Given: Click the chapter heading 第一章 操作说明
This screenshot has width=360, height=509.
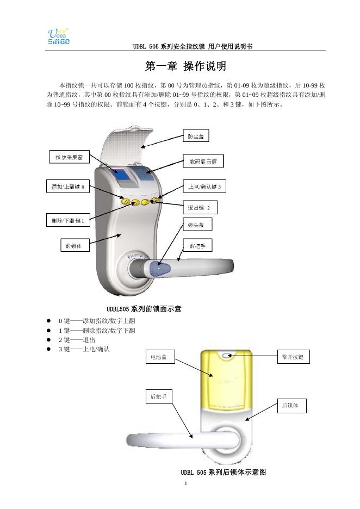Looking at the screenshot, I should pyautogui.click(x=185, y=66).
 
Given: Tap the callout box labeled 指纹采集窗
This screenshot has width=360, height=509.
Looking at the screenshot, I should pyautogui.click(x=69, y=157).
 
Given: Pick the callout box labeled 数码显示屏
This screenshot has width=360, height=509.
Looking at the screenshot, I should pyautogui.click(x=202, y=162).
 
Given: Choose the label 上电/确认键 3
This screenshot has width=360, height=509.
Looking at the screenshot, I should pyautogui.click(x=204, y=187).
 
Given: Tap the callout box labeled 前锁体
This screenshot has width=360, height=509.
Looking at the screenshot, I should pyautogui.click(x=73, y=245).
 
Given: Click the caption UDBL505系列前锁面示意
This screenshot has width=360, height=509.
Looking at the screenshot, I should pyautogui.click(x=144, y=309).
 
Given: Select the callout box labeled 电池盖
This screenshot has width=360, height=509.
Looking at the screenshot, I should pyautogui.click(x=160, y=357).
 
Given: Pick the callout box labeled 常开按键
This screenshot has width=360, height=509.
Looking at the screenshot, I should pyautogui.click(x=294, y=357).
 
